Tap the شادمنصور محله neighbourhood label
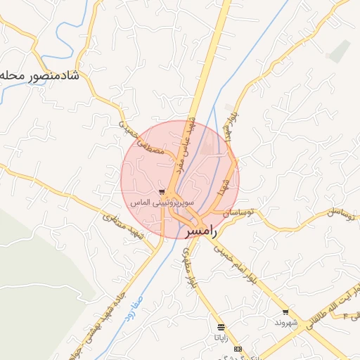(x=38, y=75)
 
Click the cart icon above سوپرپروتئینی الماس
(x=162, y=191)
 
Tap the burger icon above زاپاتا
(x=221, y=328)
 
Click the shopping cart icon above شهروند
(x=285, y=312)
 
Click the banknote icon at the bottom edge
(x=238, y=348)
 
